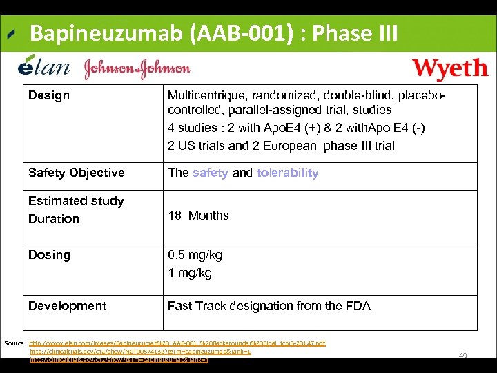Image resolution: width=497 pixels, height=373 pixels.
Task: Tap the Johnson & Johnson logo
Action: pyautogui.click(x=137, y=68)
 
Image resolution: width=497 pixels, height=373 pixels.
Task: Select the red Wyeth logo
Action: pyautogui.click(x=449, y=69)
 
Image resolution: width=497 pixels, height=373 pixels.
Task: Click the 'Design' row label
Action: pyautogui.click(x=49, y=95)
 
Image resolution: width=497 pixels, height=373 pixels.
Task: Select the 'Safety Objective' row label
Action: pyautogui.click(x=77, y=173)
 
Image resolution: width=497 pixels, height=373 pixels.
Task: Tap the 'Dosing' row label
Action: pyautogui.click(x=49, y=255)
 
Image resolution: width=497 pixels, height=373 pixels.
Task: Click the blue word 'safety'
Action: pyautogui.click(x=210, y=173)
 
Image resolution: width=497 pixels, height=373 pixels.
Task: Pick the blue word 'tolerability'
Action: pyautogui.click(x=287, y=173)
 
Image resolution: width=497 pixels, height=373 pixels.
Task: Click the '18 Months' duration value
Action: pyautogui.click(x=198, y=216)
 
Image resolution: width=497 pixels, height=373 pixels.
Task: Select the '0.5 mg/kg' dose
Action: pyautogui.click(x=195, y=256)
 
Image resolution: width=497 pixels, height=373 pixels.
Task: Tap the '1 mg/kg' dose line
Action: pyautogui.click(x=190, y=273)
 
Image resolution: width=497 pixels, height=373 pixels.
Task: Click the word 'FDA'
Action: pyautogui.click(x=358, y=306)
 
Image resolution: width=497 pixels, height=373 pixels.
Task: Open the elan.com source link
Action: pyautogui.click(x=177, y=343)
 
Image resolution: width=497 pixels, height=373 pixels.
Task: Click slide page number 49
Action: pyautogui.click(x=463, y=356)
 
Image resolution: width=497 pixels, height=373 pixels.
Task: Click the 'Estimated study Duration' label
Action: pyautogui.click(x=76, y=210)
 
